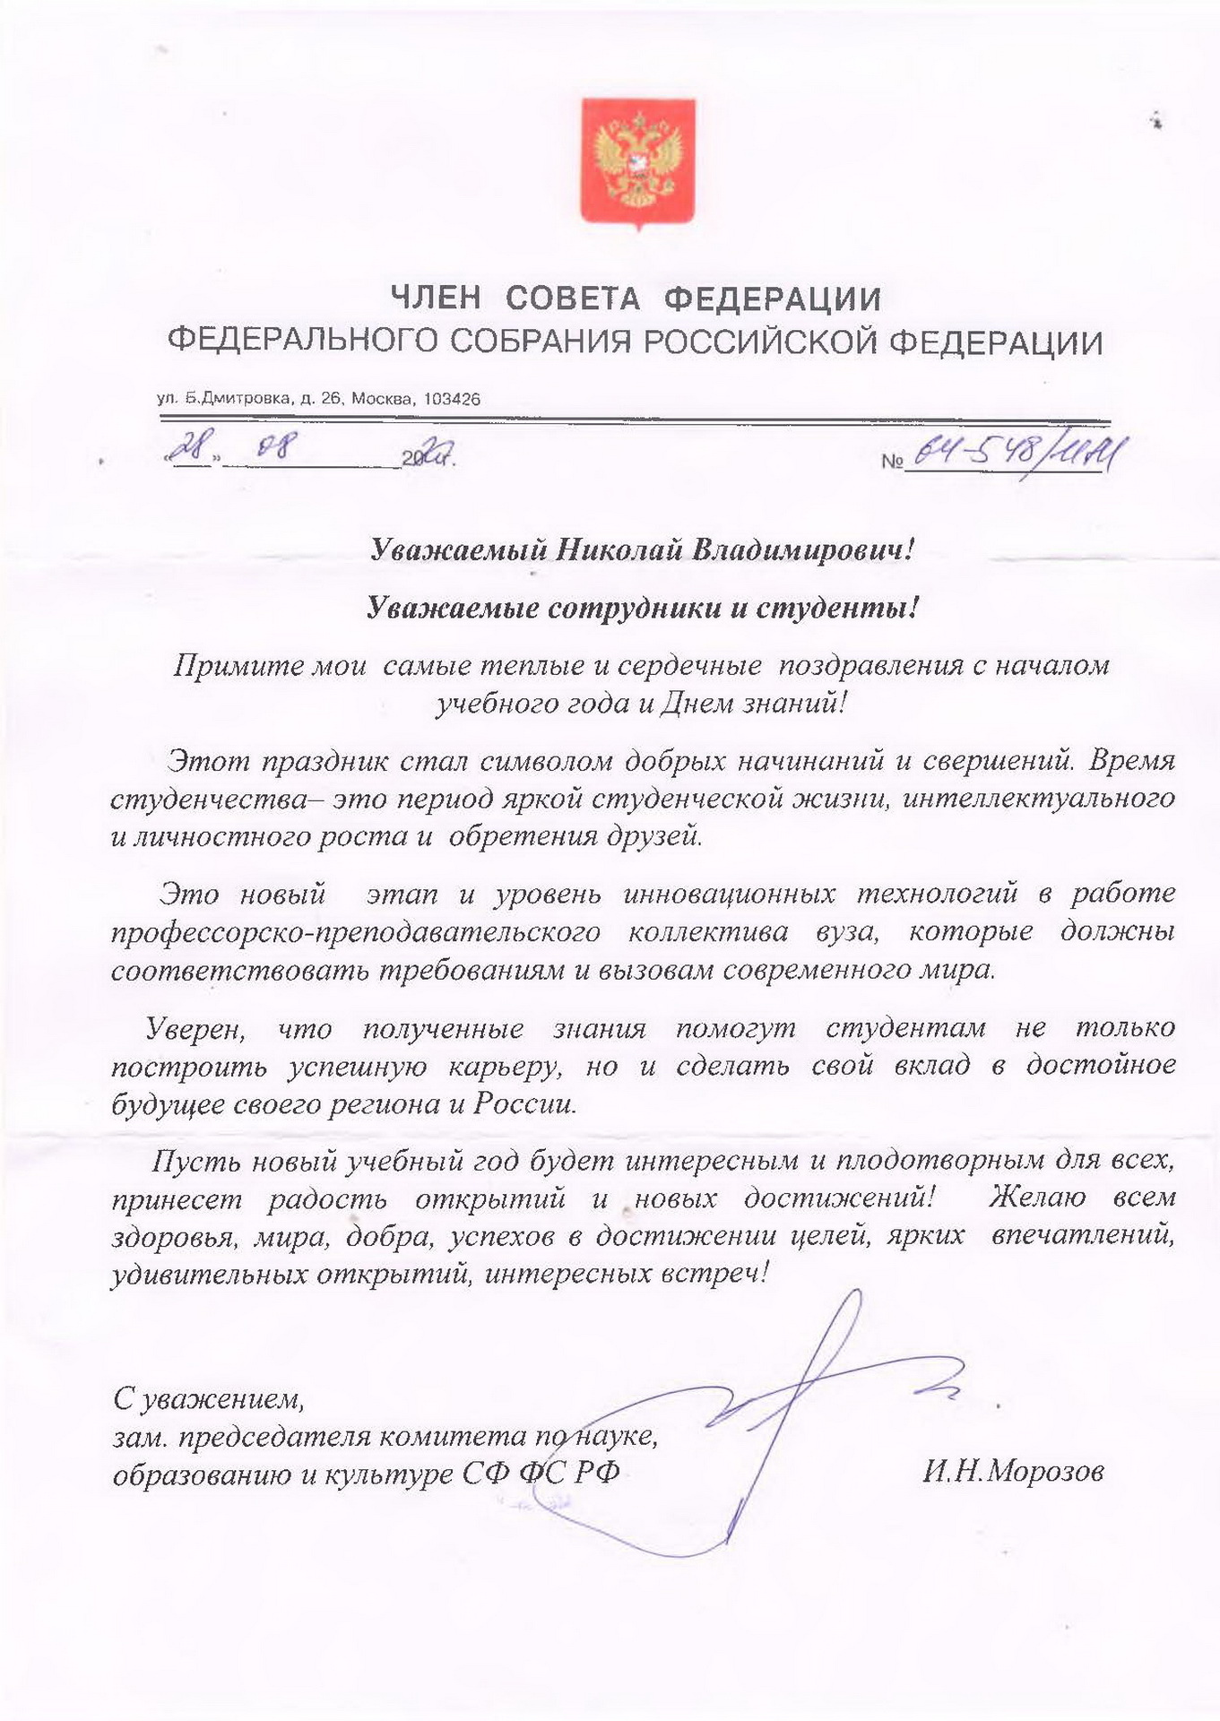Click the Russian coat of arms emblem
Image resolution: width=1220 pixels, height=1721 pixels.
pos(637,162)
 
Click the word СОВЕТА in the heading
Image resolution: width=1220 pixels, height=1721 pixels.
pos(573,298)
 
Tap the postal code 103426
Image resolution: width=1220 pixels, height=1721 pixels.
pos(451,399)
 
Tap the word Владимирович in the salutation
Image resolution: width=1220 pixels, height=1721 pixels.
pos(798,549)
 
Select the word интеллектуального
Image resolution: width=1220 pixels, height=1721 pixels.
pos(1038,798)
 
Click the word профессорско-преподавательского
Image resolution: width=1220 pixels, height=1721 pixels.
pos(356,932)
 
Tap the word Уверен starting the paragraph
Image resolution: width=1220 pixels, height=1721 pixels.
pos(195,1028)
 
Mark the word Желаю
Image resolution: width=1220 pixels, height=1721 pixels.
pos(1037,1198)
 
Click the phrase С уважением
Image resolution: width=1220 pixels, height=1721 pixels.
pos(208,1397)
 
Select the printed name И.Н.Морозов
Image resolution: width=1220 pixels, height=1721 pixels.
pos(1013,1471)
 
